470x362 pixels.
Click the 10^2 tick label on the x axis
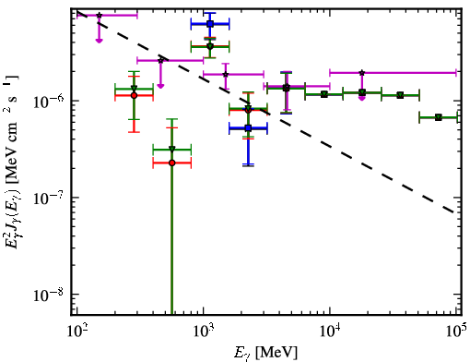(76, 332)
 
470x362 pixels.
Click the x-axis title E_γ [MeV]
(265, 353)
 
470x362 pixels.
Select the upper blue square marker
(210, 24)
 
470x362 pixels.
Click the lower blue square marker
(249, 128)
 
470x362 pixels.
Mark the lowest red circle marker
(172, 163)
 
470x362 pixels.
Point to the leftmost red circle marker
(134, 95)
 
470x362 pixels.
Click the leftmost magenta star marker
(99, 15)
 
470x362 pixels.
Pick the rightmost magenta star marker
(362, 73)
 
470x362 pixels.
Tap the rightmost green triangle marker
(439, 117)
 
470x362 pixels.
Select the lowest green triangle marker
(172, 150)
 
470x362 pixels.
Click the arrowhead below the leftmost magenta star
(99, 41)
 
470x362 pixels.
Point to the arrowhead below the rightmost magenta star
(362, 98)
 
